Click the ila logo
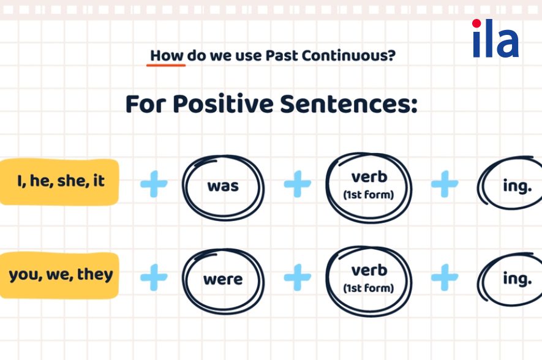[495, 38]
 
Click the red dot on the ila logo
[476, 23]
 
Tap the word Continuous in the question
[348, 56]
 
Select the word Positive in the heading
[223, 103]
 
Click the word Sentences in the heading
[348, 103]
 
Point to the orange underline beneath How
[166, 65]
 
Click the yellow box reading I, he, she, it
[59, 182]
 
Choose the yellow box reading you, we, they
[59, 276]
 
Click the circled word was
[223, 186]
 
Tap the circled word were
[223, 280]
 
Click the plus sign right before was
[154, 184]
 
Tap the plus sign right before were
[154, 277]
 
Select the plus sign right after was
[297, 184]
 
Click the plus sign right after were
[297, 277]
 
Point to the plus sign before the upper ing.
[445, 184]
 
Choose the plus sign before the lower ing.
[445, 277]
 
